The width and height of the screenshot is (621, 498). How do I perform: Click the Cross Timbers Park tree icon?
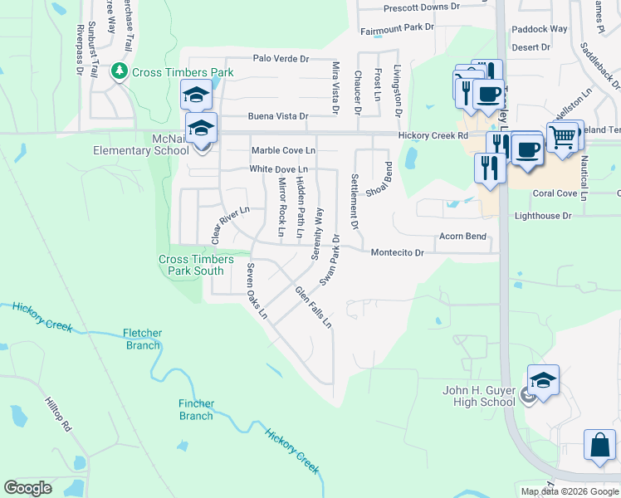120,71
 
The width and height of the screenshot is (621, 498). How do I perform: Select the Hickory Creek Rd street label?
433,135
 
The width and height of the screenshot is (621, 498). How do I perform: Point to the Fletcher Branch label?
143,339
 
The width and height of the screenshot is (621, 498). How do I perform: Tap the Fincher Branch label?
196,410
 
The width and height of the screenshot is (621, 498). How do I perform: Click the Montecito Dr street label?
397,252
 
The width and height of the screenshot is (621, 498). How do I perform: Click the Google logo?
28,488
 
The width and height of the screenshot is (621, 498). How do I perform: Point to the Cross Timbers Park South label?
191,265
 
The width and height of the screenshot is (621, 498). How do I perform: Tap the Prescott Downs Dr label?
421,7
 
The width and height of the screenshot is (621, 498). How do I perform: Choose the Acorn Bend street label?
462,237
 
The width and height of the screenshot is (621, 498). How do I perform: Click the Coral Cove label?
555,193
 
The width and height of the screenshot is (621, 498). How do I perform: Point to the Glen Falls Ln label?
314,306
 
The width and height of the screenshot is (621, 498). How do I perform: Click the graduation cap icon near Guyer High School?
543,381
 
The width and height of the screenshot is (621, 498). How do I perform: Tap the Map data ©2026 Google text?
570,491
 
